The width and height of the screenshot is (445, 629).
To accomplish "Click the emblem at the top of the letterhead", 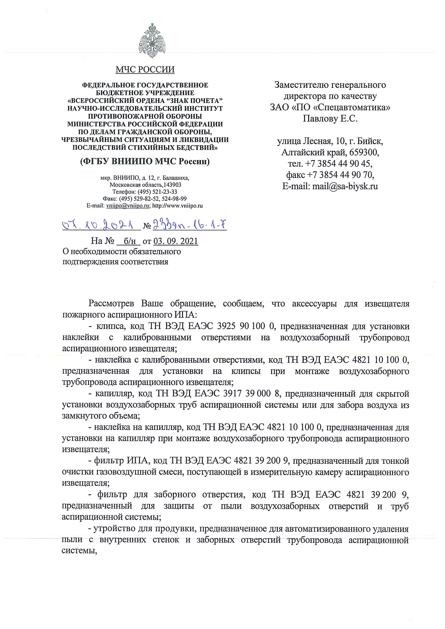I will [152, 41].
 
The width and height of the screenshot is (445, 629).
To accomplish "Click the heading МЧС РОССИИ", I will [145, 70].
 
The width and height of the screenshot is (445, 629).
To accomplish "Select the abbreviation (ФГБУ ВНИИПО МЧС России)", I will [145, 162].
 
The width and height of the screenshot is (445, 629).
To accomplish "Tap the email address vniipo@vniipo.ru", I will [128, 206].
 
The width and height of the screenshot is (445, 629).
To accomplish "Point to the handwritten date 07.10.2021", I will [97, 225].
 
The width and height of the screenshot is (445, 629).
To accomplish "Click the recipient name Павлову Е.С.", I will [330, 118].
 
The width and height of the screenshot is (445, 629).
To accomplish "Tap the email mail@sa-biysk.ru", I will [345, 186].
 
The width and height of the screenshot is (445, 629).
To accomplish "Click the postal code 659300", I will [364, 153].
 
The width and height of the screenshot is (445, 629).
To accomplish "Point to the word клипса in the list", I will [110, 326].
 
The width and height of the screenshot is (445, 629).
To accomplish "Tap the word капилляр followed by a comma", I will [114, 394].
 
